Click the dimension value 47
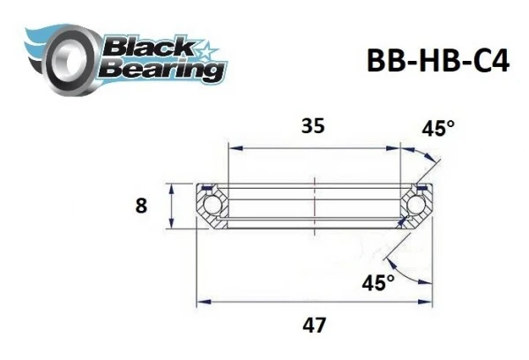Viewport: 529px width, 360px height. click(312, 325)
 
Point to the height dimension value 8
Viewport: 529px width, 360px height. click(141, 206)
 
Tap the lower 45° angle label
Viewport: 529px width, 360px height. click(379, 281)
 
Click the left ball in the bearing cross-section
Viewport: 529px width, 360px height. click(212, 206)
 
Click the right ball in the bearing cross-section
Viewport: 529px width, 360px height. click(418, 206)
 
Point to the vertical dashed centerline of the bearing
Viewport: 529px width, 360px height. click(314, 207)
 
